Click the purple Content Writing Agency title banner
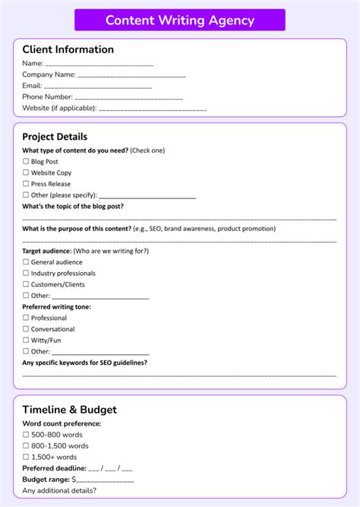click(x=180, y=21)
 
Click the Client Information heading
click(x=68, y=49)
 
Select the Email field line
click(x=98, y=87)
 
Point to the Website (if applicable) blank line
click(x=153, y=109)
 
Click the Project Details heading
click(x=55, y=137)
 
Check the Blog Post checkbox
click(x=26, y=162)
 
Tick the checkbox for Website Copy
click(x=26, y=173)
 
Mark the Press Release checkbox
click(x=26, y=184)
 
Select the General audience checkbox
click(x=26, y=262)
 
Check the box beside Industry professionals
click(x=26, y=274)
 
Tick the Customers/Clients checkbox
click(x=26, y=284)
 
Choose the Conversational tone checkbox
click(x=26, y=330)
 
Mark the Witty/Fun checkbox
click(x=26, y=341)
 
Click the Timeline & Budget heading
click(x=69, y=410)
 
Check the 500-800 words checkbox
click(x=26, y=435)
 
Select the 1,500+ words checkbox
click(x=26, y=458)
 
